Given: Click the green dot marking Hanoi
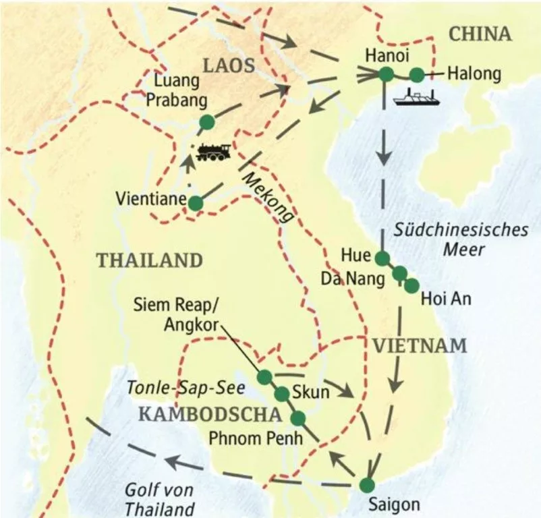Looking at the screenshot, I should pyautogui.click(x=385, y=75).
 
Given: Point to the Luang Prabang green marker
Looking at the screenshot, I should pyautogui.click(x=206, y=122).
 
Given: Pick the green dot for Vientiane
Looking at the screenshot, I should pyautogui.click(x=195, y=202).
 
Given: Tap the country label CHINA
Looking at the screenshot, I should pyautogui.click(x=481, y=34).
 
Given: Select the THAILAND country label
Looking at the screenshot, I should pyautogui.click(x=149, y=260).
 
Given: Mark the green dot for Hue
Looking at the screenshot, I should pyautogui.click(x=382, y=258).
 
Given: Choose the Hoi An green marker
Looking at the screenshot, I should pyautogui.click(x=411, y=285).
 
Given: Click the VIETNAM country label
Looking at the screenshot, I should pyautogui.click(x=418, y=346).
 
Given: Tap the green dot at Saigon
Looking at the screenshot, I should pyautogui.click(x=366, y=484).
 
